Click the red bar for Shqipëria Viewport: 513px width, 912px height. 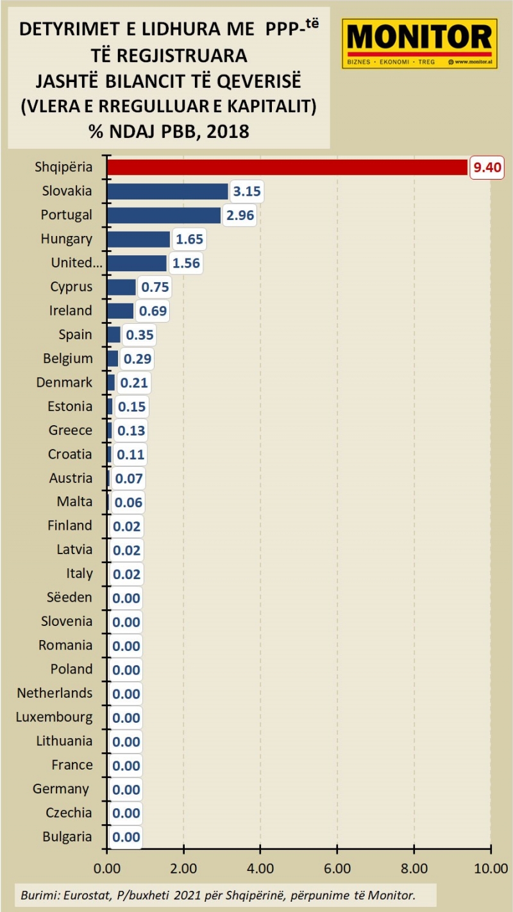click(x=287, y=167)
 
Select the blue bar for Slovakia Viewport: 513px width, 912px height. click(x=167, y=191)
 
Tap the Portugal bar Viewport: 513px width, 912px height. click(x=164, y=215)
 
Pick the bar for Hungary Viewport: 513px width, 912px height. click(x=139, y=239)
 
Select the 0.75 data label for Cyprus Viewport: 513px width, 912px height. click(x=154, y=287)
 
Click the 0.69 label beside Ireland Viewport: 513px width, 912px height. click(x=153, y=311)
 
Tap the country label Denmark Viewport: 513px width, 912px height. click(x=64, y=382)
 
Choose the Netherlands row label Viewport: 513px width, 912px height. click(x=55, y=693)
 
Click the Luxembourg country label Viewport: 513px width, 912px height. click(x=54, y=717)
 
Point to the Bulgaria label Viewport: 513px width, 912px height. click(x=67, y=836)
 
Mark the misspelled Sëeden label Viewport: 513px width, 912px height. click(x=69, y=597)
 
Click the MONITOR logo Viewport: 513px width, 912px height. click(x=419, y=43)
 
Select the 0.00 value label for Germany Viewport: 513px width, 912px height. click(x=126, y=790)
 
